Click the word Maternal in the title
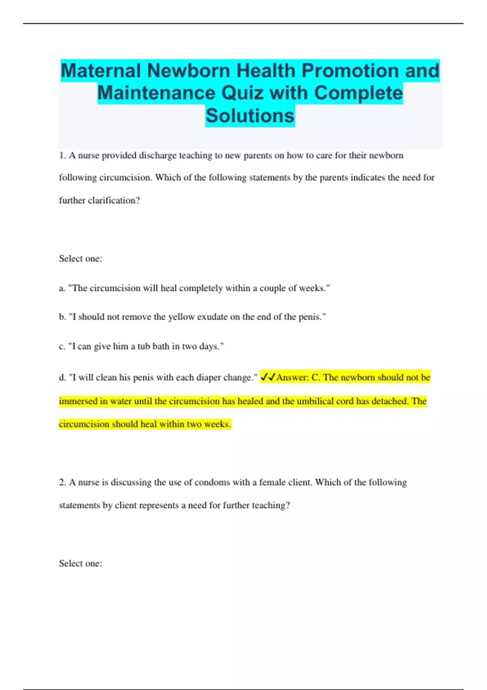(x=101, y=71)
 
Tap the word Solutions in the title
(x=250, y=116)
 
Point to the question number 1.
(x=62, y=155)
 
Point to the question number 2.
(x=62, y=483)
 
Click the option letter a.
(x=62, y=289)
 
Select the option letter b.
(x=62, y=317)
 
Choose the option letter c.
(x=62, y=347)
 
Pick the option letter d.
(x=62, y=377)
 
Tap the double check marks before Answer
(x=267, y=377)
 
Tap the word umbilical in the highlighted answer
(x=315, y=401)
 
